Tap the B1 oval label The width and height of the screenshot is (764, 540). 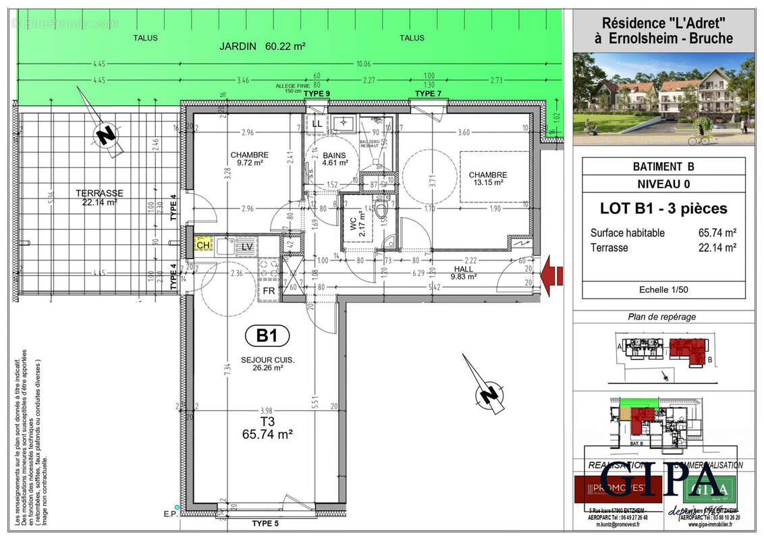[267, 335]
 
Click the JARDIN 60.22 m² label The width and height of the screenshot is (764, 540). [263, 47]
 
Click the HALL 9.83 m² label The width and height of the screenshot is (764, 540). [463, 272]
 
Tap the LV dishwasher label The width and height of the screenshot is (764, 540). [247, 247]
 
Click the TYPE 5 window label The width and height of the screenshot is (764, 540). [266, 524]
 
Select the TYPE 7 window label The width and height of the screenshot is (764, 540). [428, 93]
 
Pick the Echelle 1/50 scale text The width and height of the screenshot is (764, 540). [663, 290]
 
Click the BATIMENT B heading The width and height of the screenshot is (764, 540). [663, 167]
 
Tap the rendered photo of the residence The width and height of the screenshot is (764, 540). [663, 99]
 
